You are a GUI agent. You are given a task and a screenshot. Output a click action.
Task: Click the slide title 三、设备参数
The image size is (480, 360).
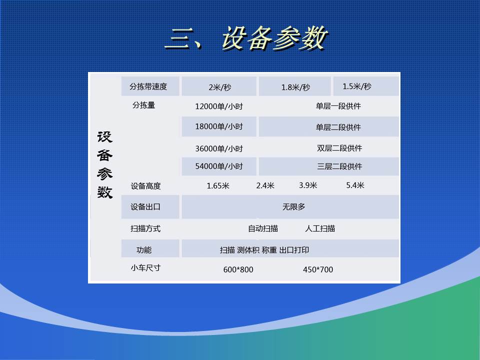(x=246, y=38)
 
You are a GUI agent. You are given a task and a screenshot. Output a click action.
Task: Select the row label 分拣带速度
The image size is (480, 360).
(x=148, y=86)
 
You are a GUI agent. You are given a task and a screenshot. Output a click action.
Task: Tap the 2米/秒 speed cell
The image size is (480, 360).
(x=219, y=87)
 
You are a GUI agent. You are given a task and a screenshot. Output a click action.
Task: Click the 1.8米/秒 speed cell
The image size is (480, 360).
(x=295, y=87)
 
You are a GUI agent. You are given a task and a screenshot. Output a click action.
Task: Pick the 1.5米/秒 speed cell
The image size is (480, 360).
(x=357, y=86)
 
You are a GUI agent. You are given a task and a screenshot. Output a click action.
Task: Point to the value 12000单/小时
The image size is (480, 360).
(x=219, y=106)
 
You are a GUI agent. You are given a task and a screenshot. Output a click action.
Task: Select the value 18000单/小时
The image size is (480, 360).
(x=219, y=126)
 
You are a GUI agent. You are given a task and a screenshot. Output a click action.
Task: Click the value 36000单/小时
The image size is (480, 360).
(x=219, y=148)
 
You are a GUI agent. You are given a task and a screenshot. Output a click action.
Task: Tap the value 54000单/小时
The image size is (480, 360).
(x=219, y=166)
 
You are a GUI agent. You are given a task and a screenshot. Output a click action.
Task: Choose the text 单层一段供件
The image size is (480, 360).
(x=338, y=106)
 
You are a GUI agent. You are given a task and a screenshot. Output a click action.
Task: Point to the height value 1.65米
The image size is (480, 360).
(x=218, y=185)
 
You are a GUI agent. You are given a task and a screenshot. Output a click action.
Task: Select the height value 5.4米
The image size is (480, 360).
(x=355, y=185)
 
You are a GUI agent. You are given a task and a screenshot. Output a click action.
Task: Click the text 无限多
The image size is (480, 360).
(x=293, y=206)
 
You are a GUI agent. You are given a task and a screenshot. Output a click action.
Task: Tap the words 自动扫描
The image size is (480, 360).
(x=263, y=228)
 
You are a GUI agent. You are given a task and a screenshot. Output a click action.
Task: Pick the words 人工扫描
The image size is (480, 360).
(x=320, y=228)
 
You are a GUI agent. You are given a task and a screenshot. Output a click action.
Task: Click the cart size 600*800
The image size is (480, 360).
(x=238, y=269)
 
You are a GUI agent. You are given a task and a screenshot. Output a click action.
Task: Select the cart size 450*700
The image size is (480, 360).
(x=317, y=269)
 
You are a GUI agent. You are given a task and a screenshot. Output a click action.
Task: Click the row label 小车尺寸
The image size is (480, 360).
(x=145, y=267)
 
